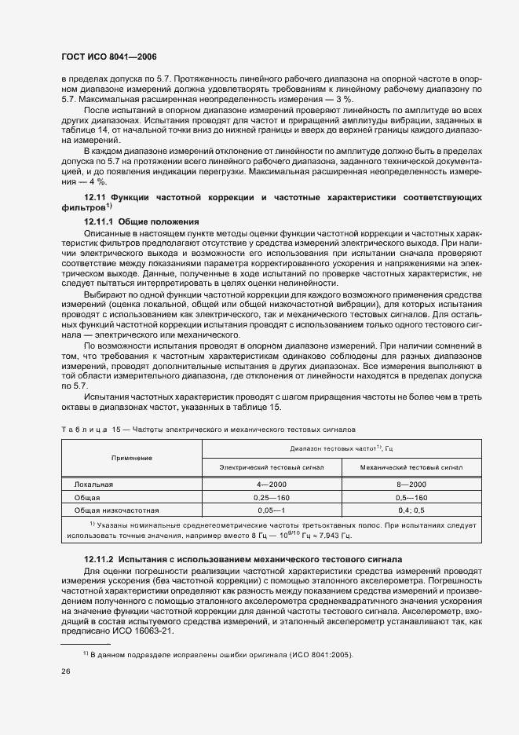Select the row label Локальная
[93, 485]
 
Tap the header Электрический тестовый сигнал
[271, 467]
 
